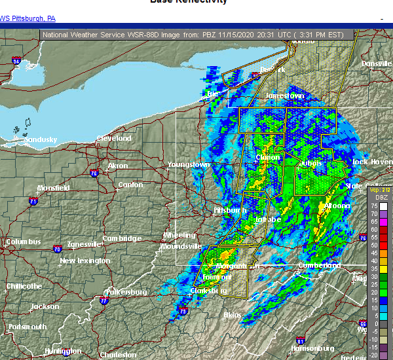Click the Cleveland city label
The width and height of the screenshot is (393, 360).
pyautogui.click(x=114, y=139)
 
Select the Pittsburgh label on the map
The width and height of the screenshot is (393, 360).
pyautogui.click(x=230, y=211)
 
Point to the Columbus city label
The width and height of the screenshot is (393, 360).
pyautogui.click(x=24, y=242)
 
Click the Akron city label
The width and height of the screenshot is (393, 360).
pyautogui.click(x=118, y=166)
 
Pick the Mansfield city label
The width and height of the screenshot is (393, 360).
pyautogui.click(x=53, y=188)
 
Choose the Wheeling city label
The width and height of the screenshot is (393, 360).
pyautogui.click(x=179, y=236)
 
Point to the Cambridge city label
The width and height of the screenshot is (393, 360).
pyautogui.click(x=122, y=239)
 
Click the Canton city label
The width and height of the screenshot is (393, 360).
pyautogui.click(x=130, y=185)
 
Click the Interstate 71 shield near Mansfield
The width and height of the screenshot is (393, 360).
pyautogui.click(x=32, y=202)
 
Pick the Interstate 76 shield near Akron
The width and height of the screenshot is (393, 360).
pyautogui.click(x=94, y=173)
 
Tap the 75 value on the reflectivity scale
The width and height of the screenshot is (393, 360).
pyautogui.click(x=373, y=206)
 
